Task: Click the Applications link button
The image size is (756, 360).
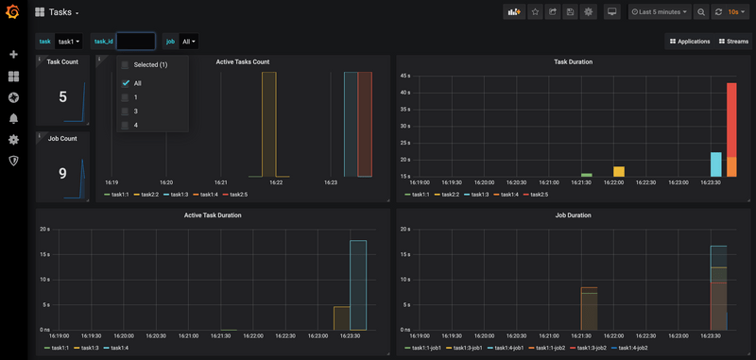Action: [690, 42]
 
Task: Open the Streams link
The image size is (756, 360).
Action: [733, 42]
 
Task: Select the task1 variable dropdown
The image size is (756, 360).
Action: [69, 42]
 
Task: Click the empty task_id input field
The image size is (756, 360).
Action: [135, 42]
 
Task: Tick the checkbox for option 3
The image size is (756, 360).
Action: [126, 111]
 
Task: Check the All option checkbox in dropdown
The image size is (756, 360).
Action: [126, 83]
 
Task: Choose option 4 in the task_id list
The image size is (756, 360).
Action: [126, 125]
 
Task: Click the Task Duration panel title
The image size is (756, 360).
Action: [573, 61]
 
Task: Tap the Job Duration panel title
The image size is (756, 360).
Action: [573, 215]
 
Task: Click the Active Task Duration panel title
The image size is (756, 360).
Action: [213, 215]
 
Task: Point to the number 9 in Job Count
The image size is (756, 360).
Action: [62, 173]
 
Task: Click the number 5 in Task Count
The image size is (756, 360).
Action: [62, 96]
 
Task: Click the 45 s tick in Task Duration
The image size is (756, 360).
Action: [404, 76]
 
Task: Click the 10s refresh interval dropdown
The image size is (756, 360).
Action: [732, 12]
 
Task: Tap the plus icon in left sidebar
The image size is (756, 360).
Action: [13, 55]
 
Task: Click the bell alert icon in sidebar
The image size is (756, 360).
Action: [13, 118]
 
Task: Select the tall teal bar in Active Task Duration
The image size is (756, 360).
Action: [357, 283]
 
